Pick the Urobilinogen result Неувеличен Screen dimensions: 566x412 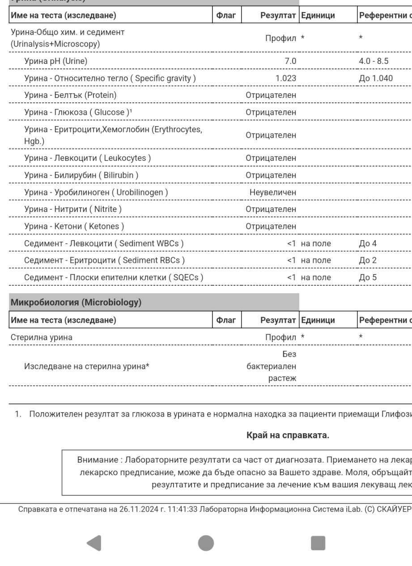click(x=272, y=193)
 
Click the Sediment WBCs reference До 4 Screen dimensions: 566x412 click(x=368, y=243)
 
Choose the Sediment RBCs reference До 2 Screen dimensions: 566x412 click(x=368, y=260)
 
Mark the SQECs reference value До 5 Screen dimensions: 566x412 click(x=368, y=277)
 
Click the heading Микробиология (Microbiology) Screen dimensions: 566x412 click(x=76, y=303)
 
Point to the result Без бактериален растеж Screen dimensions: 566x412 click(x=272, y=367)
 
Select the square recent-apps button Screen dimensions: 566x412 click(x=318, y=542)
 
